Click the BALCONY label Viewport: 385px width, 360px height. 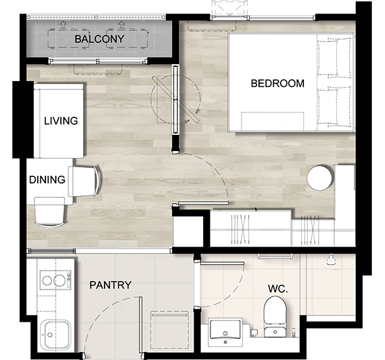coord(99,39)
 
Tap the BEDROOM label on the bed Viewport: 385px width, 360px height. coord(277,84)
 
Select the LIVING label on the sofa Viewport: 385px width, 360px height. coord(61,121)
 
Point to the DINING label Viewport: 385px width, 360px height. coord(47,180)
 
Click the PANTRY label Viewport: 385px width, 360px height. coord(110,285)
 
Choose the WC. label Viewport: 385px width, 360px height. coord(278,289)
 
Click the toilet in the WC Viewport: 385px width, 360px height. coord(275,317)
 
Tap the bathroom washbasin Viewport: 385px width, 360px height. coord(225,332)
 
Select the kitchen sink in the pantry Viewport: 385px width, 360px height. coord(55,335)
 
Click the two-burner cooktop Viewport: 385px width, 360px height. coord(55,280)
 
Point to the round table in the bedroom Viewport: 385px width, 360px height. coord(319,178)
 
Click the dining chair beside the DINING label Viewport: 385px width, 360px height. coord(84,181)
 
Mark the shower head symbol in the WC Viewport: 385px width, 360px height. coord(330,259)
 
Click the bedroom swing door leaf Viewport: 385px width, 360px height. coord(203,203)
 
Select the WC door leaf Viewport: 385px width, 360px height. coord(222,263)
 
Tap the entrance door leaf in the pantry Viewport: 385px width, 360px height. coord(140,325)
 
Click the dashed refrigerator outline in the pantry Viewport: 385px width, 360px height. coord(169,330)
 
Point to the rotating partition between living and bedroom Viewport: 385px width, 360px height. coord(175,99)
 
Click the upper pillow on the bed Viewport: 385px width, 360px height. coord(334,56)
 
